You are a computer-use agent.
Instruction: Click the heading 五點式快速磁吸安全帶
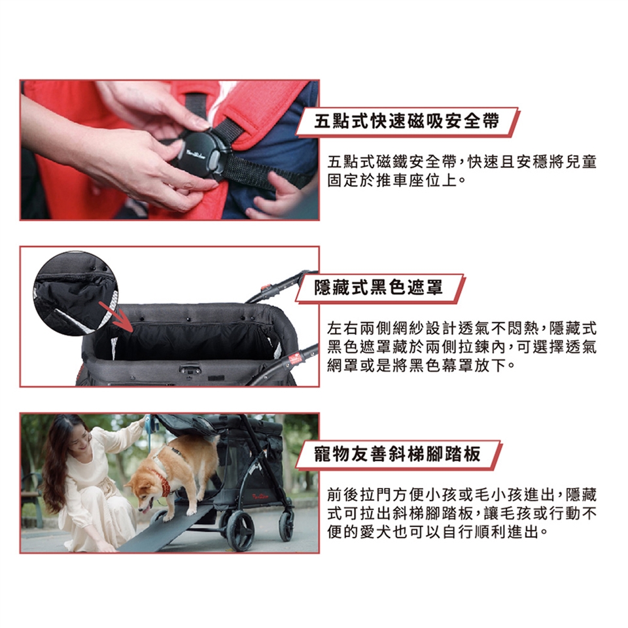(406, 121)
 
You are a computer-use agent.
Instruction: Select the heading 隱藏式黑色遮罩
(379, 287)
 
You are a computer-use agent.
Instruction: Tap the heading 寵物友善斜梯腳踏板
(397, 454)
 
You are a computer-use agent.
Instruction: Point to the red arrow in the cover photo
(116, 317)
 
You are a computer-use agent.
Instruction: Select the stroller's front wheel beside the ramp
(239, 529)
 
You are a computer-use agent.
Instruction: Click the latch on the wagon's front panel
(190, 368)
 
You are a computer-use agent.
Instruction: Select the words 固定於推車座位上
(392, 181)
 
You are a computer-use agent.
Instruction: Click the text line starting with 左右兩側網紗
(462, 328)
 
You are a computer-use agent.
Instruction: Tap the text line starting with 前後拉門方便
(462, 495)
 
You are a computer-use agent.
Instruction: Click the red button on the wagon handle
(264, 287)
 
